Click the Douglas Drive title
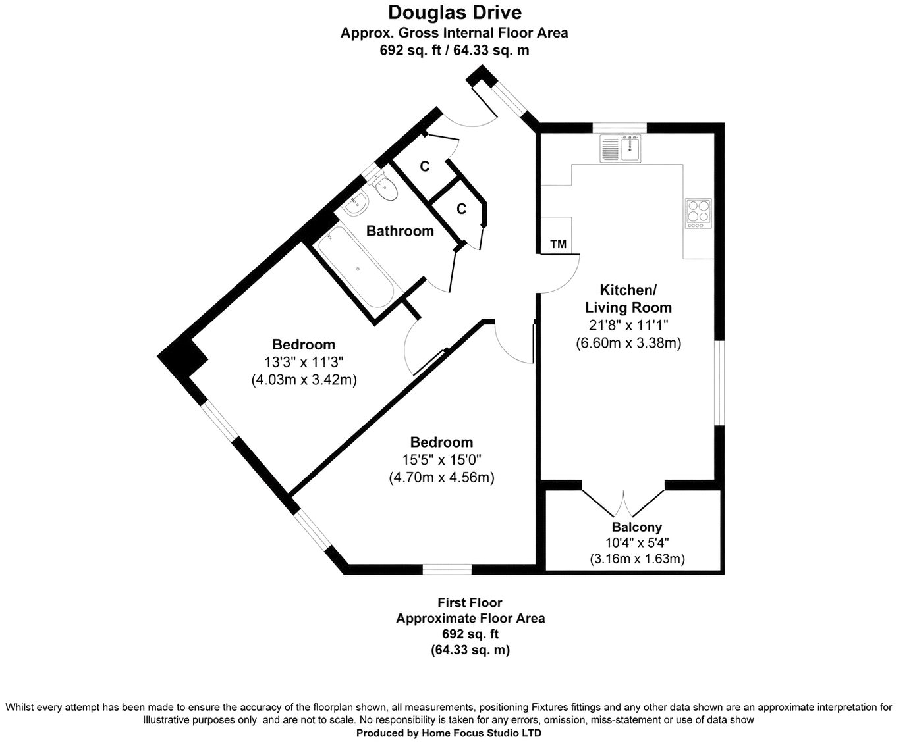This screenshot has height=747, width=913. [x=455, y=13]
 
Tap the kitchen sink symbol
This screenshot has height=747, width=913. [x=621, y=148]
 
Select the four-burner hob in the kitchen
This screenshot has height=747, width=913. [x=698, y=213]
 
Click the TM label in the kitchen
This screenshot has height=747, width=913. [x=559, y=244]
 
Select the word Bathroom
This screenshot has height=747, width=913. [x=400, y=231]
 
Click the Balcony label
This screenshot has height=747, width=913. [x=637, y=527]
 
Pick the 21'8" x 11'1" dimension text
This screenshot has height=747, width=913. [x=628, y=325]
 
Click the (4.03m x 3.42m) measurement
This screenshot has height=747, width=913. [x=304, y=380]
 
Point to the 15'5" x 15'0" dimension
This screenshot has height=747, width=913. [x=441, y=459]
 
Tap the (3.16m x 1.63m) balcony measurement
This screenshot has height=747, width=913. [x=637, y=559]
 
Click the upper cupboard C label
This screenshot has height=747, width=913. [x=425, y=167]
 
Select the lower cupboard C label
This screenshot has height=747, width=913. [x=462, y=209]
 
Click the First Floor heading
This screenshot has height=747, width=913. [x=470, y=602]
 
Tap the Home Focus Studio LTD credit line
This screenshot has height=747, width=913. [x=449, y=733]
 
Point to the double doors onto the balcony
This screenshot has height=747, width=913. [x=623, y=503]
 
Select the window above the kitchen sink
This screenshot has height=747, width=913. [x=619, y=128]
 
